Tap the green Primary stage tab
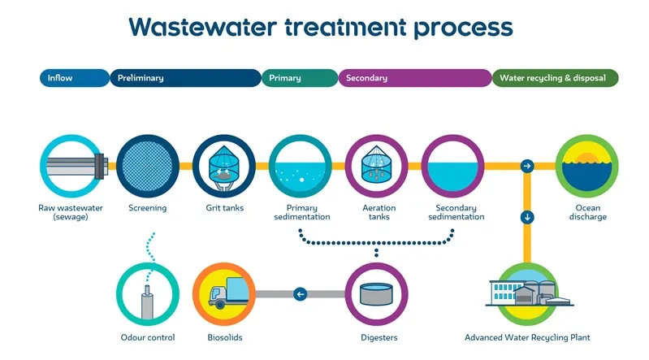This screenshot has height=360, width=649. tap(297, 78)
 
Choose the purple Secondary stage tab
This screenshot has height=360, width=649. tap(413, 78)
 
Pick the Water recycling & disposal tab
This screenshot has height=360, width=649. tap(556, 78)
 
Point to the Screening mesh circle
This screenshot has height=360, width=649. tap(148, 167)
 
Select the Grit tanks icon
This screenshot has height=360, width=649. tap(224, 167)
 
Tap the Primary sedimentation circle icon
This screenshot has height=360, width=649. tap(301, 167)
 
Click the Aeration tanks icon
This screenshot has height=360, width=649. tap(377, 167)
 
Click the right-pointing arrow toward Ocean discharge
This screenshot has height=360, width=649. tap(527, 167)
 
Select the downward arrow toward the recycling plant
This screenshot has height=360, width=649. tap(527, 217)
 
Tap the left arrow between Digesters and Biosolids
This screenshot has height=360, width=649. tap(301, 294)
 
